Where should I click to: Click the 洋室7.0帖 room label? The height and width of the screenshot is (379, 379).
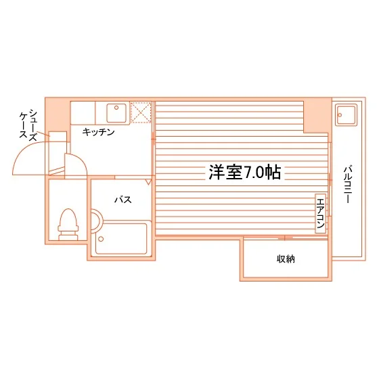click(x=244, y=173)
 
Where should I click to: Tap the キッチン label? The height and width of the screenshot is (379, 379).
click(x=98, y=132)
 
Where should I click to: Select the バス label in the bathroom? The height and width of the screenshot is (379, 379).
click(x=123, y=200)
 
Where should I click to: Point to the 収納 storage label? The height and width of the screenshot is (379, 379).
click(x=286, y=259)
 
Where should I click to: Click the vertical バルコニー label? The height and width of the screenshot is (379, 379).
click(x=348, y=184)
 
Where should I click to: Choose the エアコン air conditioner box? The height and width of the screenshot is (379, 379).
click(x=321, y=213)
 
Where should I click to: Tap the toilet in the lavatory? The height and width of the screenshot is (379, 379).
click(x=68, y=225)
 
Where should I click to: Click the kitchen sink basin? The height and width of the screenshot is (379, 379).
click(x=116, y=113)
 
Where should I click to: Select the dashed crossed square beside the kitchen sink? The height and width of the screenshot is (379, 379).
click(x=141, y=112)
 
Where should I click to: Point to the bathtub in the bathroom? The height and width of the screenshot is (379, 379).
click(x=121, y=238)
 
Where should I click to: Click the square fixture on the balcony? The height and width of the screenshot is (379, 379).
click(x=346, y=114)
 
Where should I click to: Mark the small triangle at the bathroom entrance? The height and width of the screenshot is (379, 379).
click(x=148, y=182)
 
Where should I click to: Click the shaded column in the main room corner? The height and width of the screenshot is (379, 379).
click(x=317, y=115)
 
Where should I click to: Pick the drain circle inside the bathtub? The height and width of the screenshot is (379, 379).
click(x=101, y=239)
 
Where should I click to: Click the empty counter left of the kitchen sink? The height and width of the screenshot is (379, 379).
click(x=83, y=113)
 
